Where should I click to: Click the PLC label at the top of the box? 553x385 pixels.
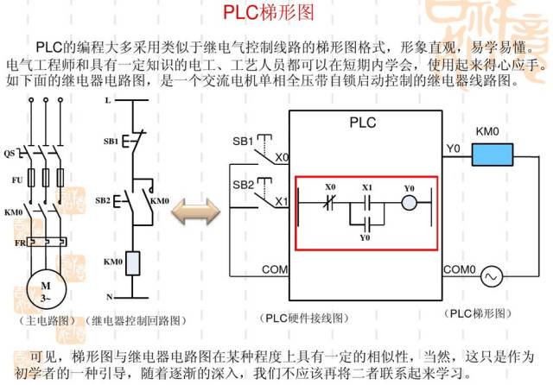[363, 123]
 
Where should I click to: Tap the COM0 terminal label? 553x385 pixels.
[460, 269]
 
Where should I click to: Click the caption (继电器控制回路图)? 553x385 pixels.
[137, 320]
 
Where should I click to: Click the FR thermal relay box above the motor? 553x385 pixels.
[39, 243]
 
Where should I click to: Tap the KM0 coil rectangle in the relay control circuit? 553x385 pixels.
[133, 262]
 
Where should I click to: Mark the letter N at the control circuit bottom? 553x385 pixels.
[108, 295]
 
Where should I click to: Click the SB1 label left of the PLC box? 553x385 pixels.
[242, 142]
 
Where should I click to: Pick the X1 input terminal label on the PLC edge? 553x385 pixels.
[281, 202]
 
